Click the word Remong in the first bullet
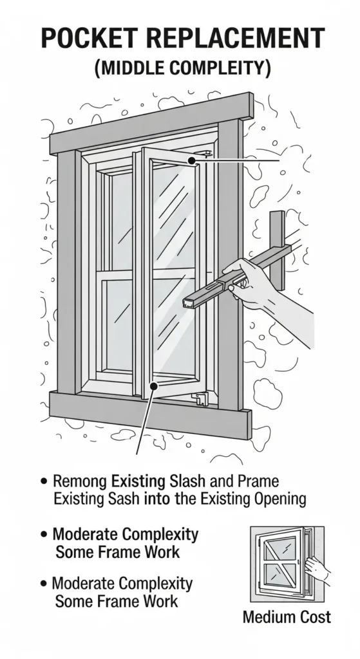point(81,481)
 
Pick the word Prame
point(258,481)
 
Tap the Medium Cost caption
point(287,617)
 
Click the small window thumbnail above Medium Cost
point(287,564)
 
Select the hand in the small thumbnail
point(316,568)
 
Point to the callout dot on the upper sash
point(191,160)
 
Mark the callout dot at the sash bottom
point(155,385)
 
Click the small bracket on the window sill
point(200,398)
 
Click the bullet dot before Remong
point(44,481)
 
